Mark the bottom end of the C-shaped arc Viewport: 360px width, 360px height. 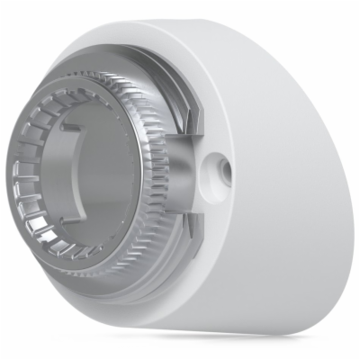click(x=90, y=202)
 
